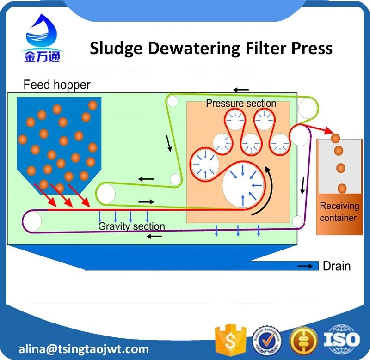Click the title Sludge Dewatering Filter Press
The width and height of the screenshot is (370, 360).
pos(211,48)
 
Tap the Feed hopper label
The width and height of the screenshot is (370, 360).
pos(57,85)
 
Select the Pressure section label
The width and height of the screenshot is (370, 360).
pos(241,103)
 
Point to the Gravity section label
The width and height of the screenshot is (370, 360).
pos(131,226)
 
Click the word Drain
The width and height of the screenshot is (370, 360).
pos(337,266)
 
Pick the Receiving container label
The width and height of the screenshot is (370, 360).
pos(339,212)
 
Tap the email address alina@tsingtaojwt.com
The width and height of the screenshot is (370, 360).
pos(84,348)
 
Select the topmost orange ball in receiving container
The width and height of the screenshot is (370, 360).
pos(335,138)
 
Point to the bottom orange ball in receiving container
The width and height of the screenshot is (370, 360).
pos(342,188)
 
